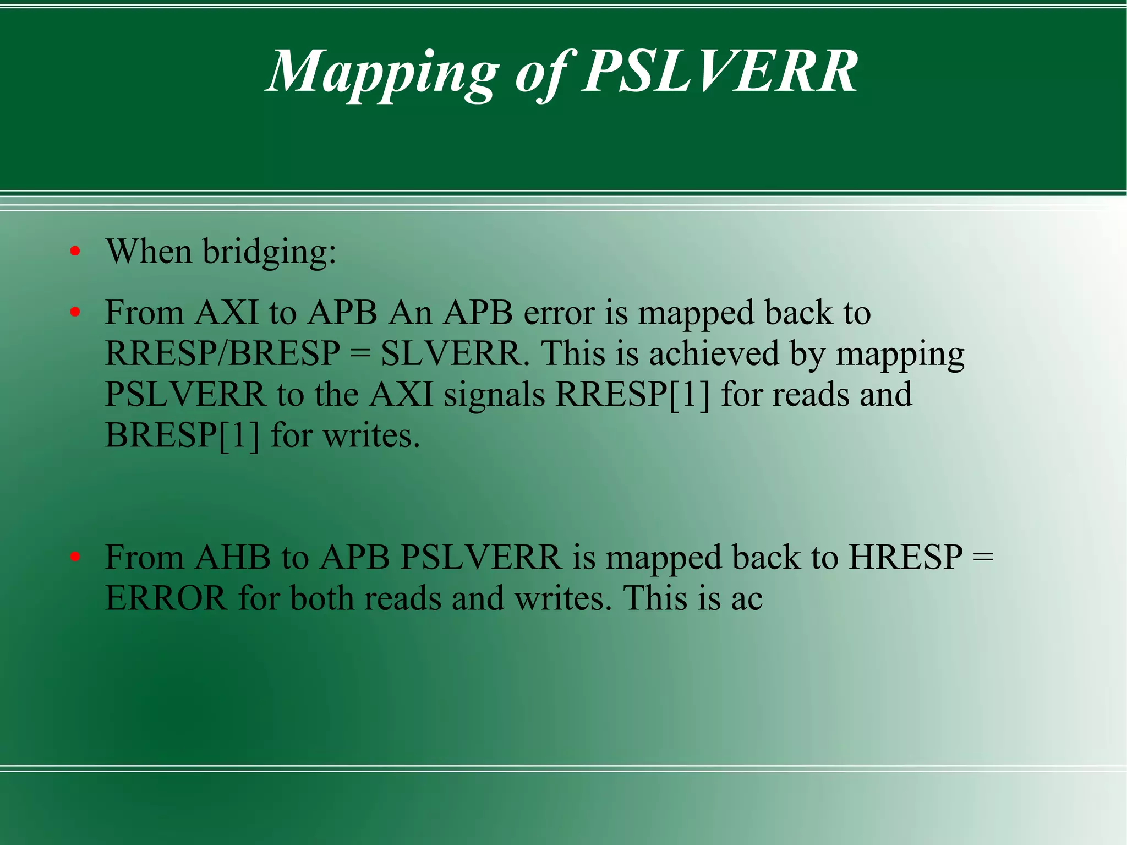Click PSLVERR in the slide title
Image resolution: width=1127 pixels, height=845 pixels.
click(719, 72)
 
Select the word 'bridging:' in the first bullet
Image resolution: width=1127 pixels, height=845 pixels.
click(269, 253)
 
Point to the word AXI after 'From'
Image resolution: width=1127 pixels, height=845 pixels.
click(227, 313)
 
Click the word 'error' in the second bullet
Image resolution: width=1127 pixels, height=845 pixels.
click(559, 313)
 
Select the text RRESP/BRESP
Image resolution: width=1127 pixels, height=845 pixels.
click(222, 353)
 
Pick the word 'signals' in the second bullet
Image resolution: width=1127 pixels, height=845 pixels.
click(494, 394)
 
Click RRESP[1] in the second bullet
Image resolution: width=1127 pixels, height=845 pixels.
click(633, 394)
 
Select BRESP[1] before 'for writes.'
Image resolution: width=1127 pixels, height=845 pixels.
click(182, 435)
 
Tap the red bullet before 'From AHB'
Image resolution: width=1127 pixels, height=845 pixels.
click(75, 557)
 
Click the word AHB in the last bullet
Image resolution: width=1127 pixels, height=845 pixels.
click(233, 557)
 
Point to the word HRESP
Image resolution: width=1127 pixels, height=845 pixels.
click(905, 557)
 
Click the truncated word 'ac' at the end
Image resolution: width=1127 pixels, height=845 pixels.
click(747, 599)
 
